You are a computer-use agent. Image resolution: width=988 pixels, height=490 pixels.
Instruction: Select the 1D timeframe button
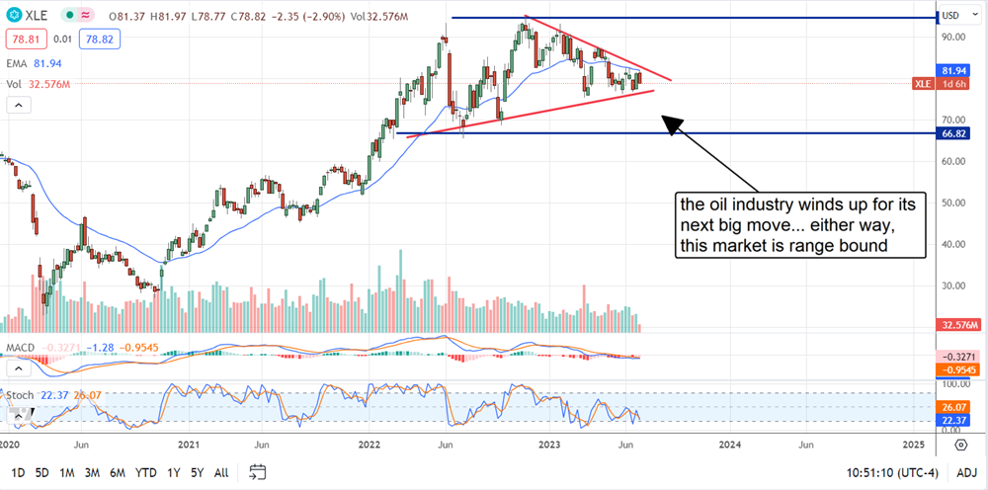(x=18, y=471)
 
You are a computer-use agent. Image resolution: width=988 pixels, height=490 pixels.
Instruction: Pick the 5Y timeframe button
(x=197, y=471)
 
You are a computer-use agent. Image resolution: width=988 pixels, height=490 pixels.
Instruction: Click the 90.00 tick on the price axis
(x=953, y=37)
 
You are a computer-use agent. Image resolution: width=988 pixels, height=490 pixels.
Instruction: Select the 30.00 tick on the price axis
(x=953, y=286)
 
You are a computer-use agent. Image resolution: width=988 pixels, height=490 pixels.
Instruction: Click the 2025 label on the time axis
(x=914, y=446)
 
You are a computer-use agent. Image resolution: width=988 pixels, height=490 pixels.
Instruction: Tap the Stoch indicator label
(x=19, y=394)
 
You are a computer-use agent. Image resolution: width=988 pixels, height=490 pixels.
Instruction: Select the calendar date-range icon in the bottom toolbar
(x=258, y=471)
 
